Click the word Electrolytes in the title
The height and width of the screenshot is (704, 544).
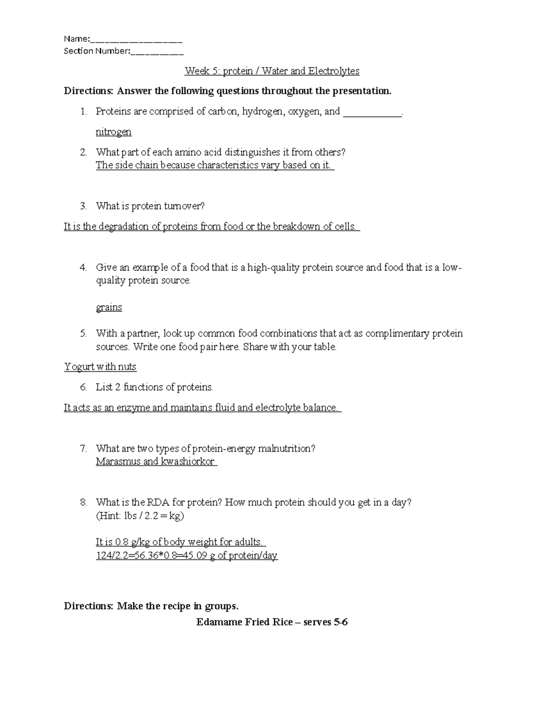pyautogui.click(x=334, y=71)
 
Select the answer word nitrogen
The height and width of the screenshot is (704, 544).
pyautogui.click(x=113, y=132)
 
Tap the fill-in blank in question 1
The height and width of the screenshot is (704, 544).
pyautogui.click(x=372, y=112)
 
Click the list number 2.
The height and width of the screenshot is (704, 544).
pyautogui.click(x=83, y=152)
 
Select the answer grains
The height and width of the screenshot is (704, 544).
pyautogui.click(x=109, y=307)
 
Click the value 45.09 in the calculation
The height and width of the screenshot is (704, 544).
pyautogui.click(x=194, y=556)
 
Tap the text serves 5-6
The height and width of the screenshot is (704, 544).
pyautogui.click(x=325, y=622)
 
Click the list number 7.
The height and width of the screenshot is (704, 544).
pyautogui.click(x=83, y=449)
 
